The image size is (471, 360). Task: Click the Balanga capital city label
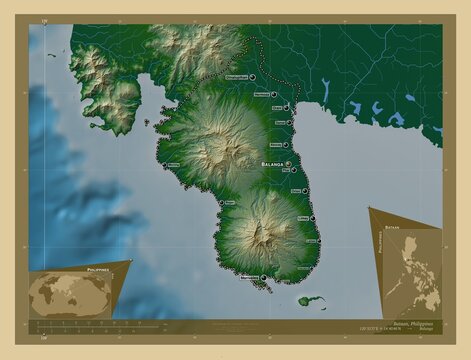270,161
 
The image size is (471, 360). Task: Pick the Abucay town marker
292,144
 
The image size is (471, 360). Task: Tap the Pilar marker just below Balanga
293,171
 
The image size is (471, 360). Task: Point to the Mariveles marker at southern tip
264,278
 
